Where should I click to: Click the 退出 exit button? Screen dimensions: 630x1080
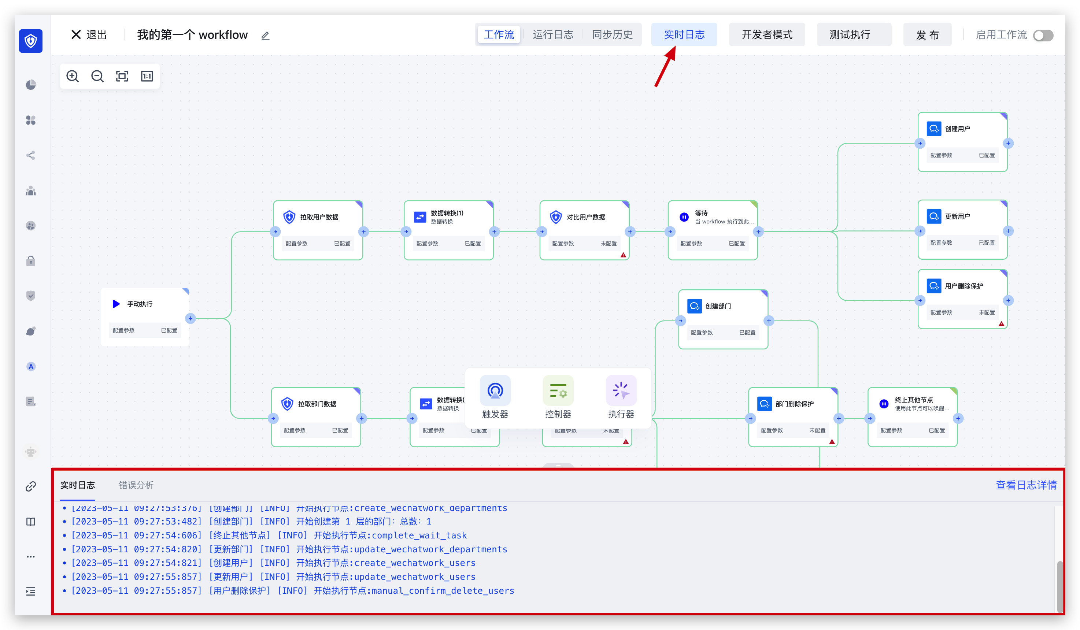point(89,35)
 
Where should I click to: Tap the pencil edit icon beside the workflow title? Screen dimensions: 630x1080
point(265,36)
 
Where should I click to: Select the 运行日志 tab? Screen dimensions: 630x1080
point(552,35)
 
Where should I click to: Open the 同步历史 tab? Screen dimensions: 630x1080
point(612,35)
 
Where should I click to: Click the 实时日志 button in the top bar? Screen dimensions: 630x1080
point(684,35)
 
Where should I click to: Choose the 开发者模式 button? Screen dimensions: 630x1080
point(767,35)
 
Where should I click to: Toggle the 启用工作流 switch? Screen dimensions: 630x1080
point(1043,36)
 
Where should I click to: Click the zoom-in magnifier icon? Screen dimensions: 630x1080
point(73,76)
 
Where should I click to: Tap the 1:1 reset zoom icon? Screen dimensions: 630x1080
point(147,76)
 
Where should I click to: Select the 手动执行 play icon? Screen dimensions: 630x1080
point(116,304)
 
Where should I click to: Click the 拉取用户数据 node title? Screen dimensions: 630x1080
point(319,217)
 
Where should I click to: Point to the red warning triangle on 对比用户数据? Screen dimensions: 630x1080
point(623,255)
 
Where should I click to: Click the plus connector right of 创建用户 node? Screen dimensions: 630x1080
point(1009,143)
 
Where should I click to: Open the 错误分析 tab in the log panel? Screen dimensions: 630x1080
point(136,485)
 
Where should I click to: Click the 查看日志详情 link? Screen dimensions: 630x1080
point(1026,485)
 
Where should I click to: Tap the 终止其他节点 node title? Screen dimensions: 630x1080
point(914,400)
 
